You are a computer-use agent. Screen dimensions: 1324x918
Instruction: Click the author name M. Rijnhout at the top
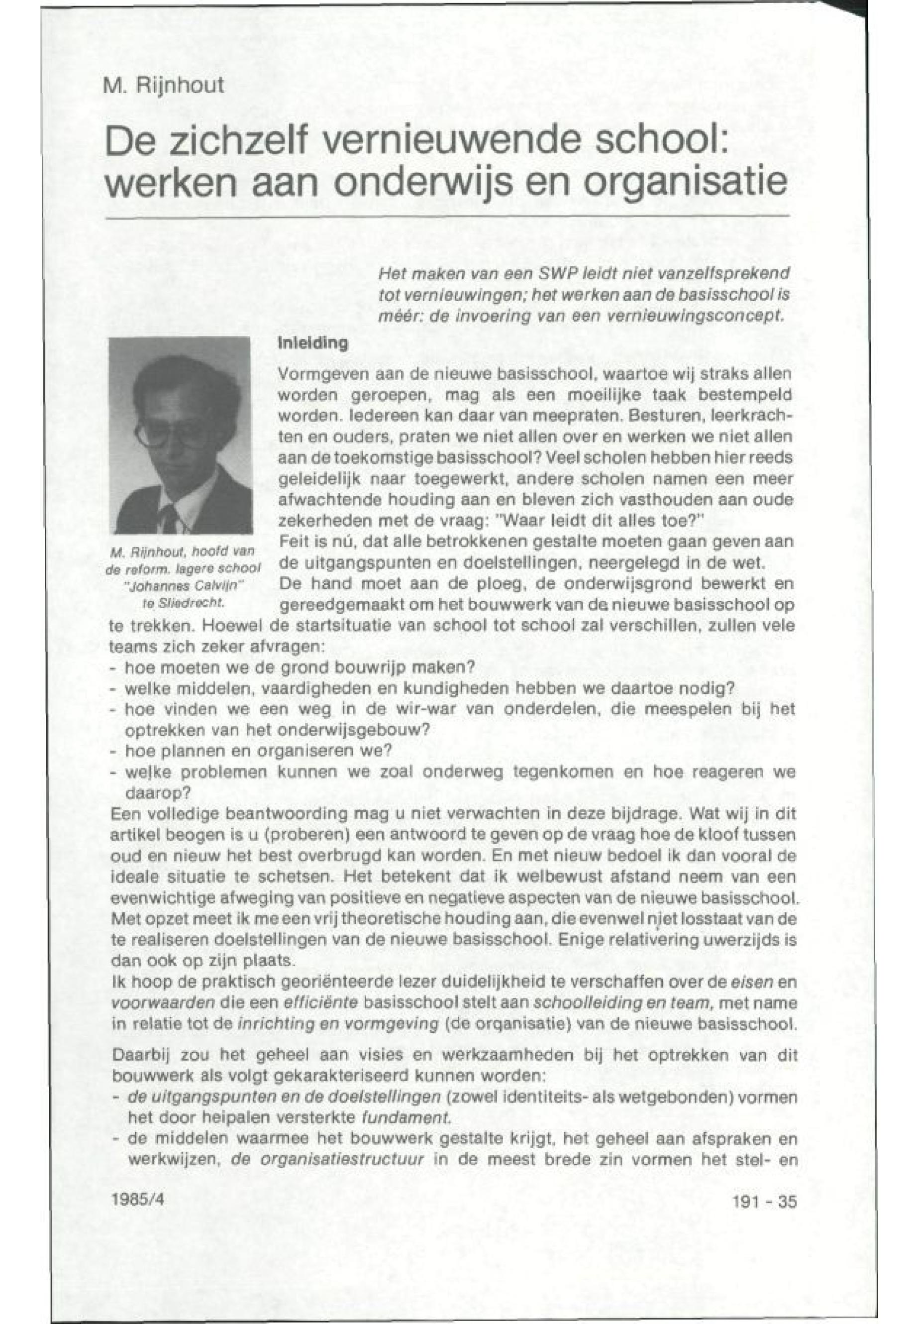point(163,85)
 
